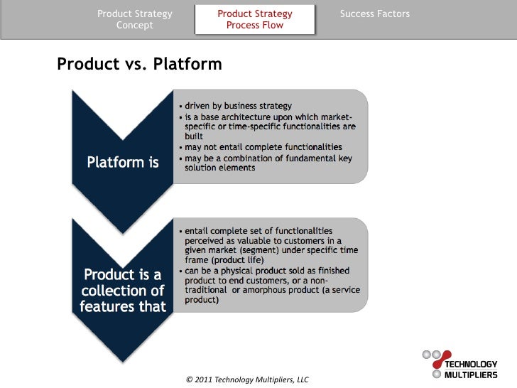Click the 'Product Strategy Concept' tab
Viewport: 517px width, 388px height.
tap(134, 19)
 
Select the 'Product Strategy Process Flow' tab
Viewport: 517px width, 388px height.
tap(254, 19)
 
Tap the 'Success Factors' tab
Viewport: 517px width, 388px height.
tap(374, 14)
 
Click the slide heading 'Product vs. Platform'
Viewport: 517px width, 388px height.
tap(139, 65)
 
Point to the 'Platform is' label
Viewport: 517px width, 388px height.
tap(122, 162)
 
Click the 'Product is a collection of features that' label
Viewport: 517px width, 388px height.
tap(122, 291)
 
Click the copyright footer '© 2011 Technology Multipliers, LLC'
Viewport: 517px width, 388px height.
tap(246, 379)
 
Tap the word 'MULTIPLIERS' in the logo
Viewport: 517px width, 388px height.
tap(471, 374)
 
